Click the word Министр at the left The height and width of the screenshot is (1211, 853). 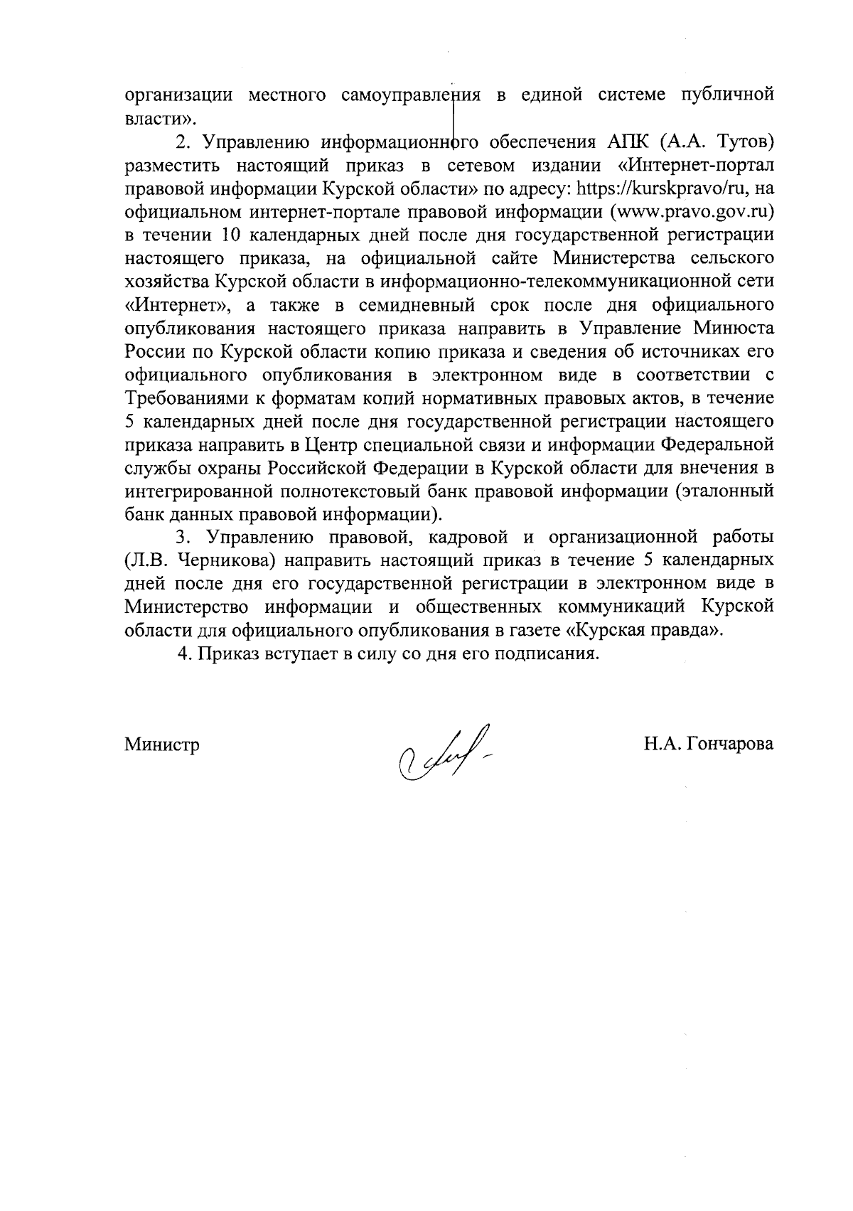point(162,745)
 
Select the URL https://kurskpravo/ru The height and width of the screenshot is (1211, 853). point(662,188)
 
